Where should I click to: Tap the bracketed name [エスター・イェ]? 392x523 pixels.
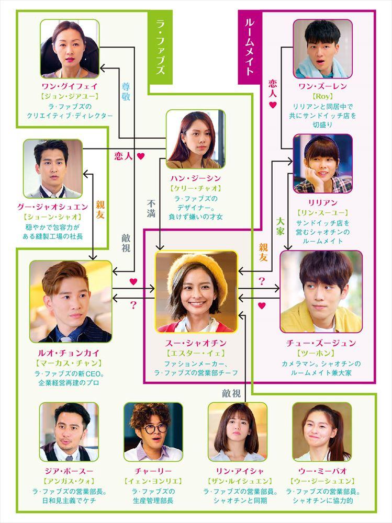196,354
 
